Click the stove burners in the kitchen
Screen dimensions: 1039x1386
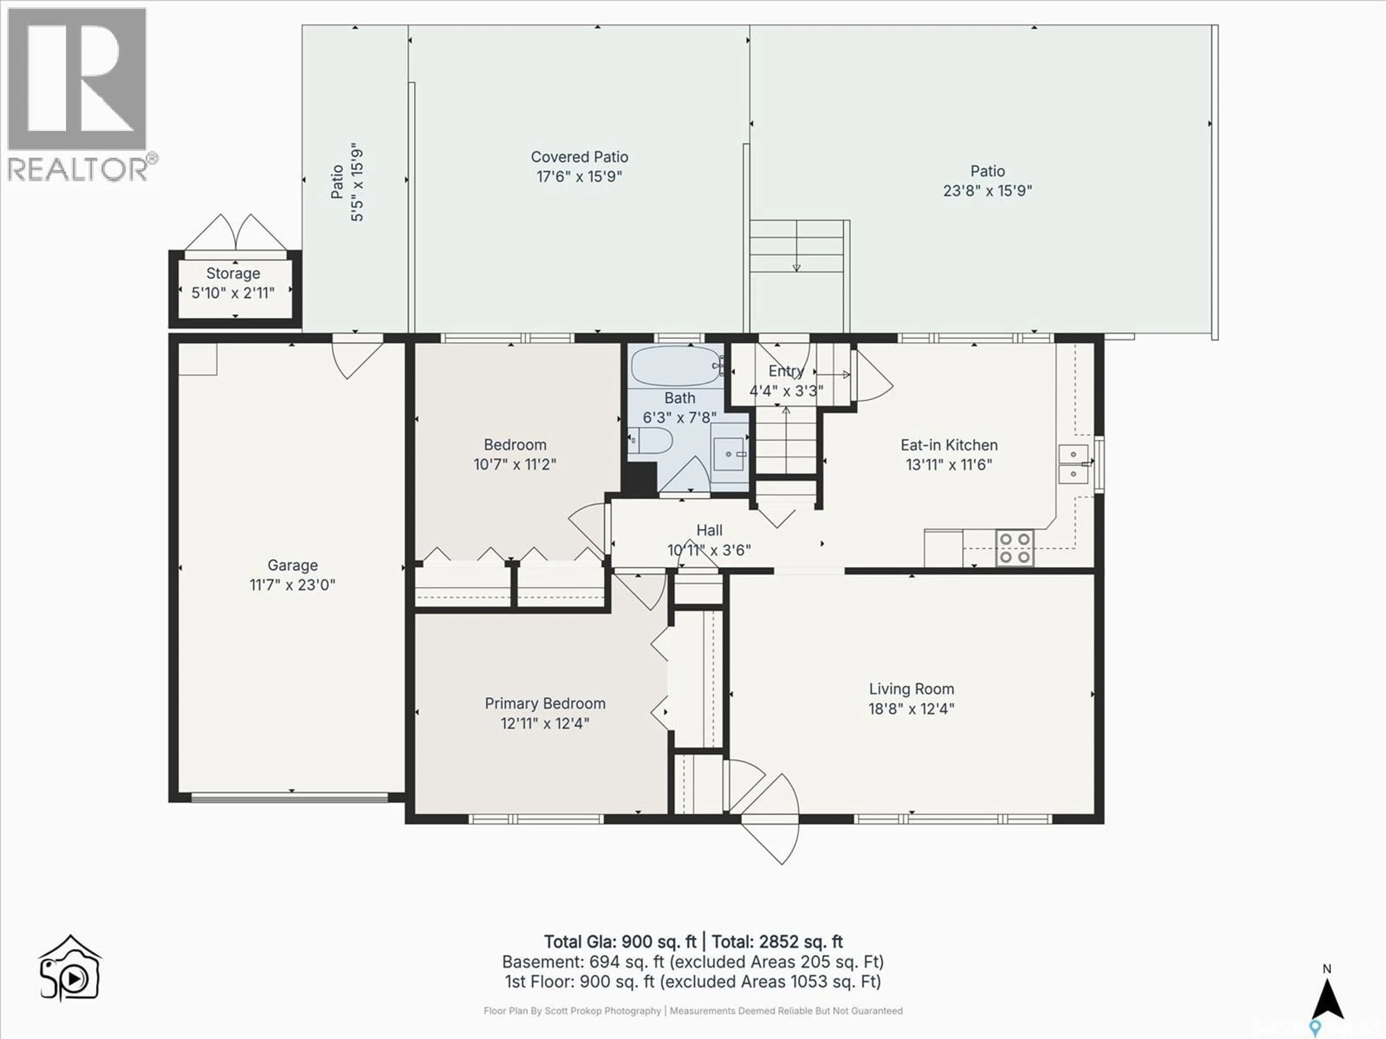[x=1015, y=547]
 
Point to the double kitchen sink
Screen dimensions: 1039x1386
[x=1073, y=464]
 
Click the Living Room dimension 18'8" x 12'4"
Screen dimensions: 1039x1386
[x=911, y=708]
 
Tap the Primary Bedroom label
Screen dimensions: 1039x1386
[x=545, y=703]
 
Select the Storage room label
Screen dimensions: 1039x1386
[x=233, y=274]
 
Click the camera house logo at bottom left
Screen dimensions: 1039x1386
[x=70, y=969]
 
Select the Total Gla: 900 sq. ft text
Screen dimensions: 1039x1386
[x=620, y=942]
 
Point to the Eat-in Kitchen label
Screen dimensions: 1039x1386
[x=949, y=445]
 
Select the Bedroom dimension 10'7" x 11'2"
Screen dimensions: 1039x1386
[x=514, y=464]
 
